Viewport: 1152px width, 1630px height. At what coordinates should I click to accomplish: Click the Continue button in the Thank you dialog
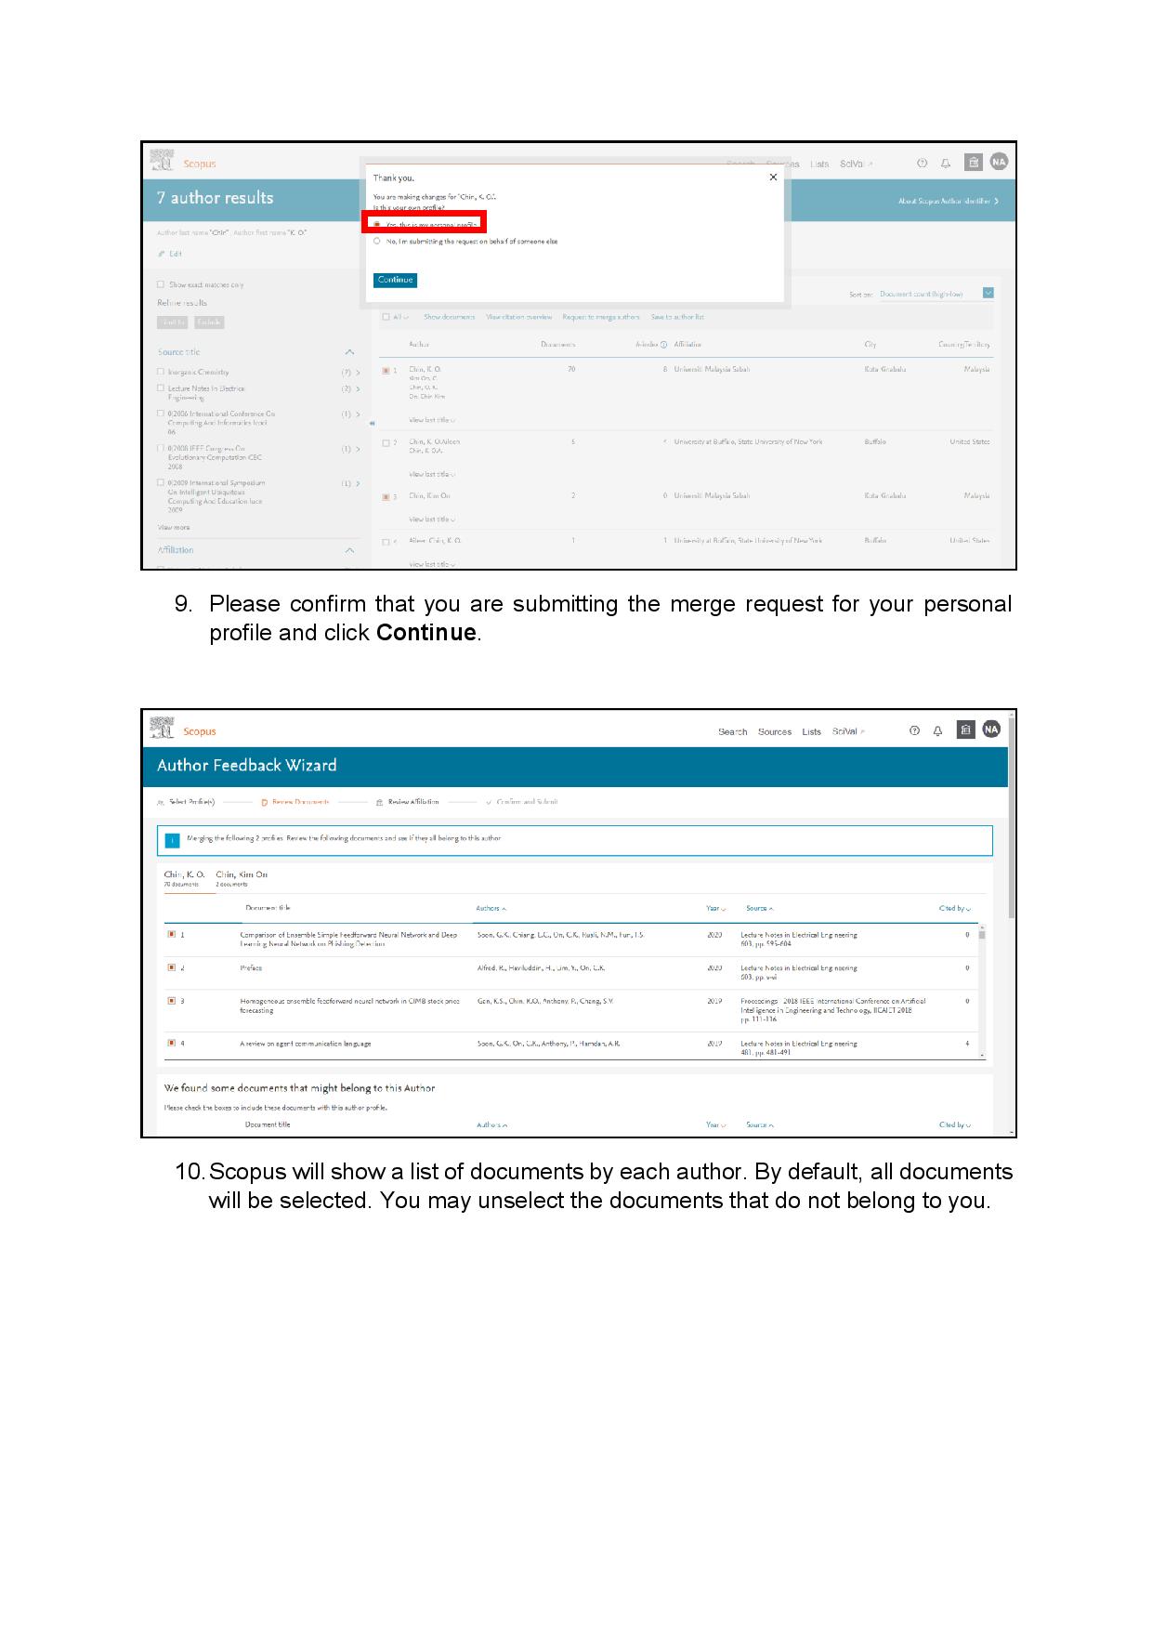click(395, 280)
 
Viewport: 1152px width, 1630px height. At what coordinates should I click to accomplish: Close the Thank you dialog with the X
click(773, 177)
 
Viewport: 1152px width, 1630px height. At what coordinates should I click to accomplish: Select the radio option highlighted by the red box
click(377, 224)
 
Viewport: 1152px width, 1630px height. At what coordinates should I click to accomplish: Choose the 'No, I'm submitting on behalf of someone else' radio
click(377, 242)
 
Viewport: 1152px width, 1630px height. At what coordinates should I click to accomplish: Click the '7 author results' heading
click(215, 198)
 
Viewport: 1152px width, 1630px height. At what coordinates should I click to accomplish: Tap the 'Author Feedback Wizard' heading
click(246, 766)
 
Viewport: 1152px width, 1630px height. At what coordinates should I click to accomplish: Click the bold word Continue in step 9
click(426, 633)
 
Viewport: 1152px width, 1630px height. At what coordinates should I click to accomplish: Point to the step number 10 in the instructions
click(189, 1172)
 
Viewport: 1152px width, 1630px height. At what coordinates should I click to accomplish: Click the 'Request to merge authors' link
click(600, 317)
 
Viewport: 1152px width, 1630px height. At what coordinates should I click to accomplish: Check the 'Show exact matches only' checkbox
click(161, 285)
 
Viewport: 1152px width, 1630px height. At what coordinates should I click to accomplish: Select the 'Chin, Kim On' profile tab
click(241, 875)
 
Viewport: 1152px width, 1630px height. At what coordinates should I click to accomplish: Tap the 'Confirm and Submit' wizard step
click(526, 802)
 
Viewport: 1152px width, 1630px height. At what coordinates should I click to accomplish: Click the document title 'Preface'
click(251, 968)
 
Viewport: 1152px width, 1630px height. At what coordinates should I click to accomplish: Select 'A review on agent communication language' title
click(305, 1044)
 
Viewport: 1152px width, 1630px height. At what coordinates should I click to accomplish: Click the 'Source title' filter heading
click(179, 352)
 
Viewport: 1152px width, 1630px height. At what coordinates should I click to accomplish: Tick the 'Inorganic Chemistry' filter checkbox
click(161, 372)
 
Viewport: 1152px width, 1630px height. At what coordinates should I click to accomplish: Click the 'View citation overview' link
click(518, 317)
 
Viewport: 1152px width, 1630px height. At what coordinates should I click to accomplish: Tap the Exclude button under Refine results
click(209, 322)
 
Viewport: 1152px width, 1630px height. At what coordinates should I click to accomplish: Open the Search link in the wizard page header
click(732, 732)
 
